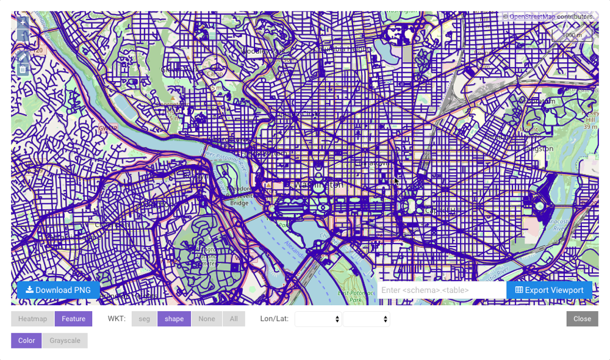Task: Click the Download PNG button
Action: click(x=58, y=290)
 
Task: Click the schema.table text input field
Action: click(x=441, y=290)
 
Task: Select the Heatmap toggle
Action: click(x=32, y=319)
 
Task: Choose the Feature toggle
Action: click(x=73, y=319)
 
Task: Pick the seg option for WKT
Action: click(x=144, y=319)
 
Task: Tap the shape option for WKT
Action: click(x=174, y=319)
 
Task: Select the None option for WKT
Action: click(x=207, y=319)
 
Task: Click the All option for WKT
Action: click(x=234, y=319)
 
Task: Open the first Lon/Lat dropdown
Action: click(x=318, y=319)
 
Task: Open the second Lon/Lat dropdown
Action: click(x=366, y=319)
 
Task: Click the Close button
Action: click(x=582, y=319)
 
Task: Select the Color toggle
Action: click(x=26, y=340)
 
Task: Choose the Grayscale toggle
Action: click(x=65, y=340)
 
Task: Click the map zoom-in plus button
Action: click(x=23, y=23)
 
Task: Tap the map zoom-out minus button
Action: click(x=23, y=35)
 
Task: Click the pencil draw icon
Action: click(x=23, y=57)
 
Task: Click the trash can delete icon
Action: click(x=23, y=70)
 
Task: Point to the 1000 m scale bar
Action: click(x=572, y=35)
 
